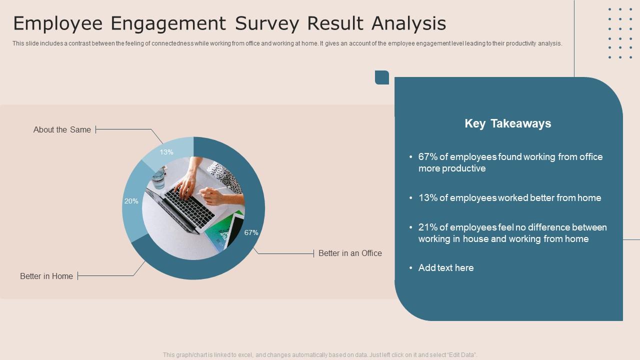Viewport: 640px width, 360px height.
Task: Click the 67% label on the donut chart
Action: click(x=251, y=232)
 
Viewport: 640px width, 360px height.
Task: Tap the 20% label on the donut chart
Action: click(x=131, y=201)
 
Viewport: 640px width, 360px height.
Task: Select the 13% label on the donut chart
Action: click(x=166, y=152)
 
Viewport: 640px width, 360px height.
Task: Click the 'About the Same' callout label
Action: click(x=62, y=129)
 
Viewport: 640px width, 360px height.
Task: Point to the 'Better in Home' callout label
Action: click(x=46, y=276)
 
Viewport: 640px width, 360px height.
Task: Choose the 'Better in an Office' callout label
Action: click(x=350, y=253)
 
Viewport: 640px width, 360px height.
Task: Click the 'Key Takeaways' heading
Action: click(x=507, y=123)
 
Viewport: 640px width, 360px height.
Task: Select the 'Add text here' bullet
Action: click(x=445, y=268)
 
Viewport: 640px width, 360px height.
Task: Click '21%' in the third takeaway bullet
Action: click(x=427, y=227)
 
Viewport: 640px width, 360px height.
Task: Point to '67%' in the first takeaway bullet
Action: click(x=427, y=157)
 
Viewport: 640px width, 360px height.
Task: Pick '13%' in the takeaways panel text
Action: click(x=427, y=198)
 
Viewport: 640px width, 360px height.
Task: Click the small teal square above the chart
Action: click(x=382, y=77)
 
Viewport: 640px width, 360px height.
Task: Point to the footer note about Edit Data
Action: click(x=320, y=355)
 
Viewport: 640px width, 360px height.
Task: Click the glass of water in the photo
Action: click(x=158, y=178)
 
